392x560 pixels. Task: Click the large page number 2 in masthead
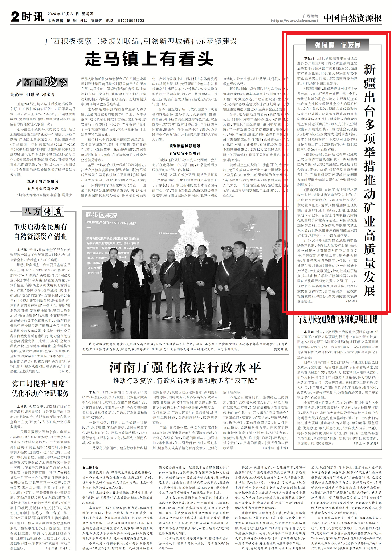pyautogui.click(x=15, y=17)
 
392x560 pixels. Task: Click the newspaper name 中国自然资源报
pyautogui.click(x=352, y=18)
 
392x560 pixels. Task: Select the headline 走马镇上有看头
pyautogui.click(x=149, y=59)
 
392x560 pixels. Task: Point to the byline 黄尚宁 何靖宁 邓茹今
pyautogui.click(x=33, y=94)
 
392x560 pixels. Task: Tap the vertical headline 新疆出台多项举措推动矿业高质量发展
pyautogui.click(x=369, y=180)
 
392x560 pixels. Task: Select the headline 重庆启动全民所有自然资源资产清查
pyautogui.click(x=40, y=232)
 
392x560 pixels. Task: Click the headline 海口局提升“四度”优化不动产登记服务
pyautogui.click(x=40, y=388)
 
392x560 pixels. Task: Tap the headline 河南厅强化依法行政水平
pyautogui.click(x=185, y=368)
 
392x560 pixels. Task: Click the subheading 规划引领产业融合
pyautogui.click(x=43, y=181)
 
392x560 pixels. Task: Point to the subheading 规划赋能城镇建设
pyautogui.click(x=185, y=146)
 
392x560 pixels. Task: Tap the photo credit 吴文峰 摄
pyautogui.click(x=280, y=349)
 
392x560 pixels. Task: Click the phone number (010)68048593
pyautogui.click(x=130, y=21)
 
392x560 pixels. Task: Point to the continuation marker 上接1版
pyautogui.click(x=90, y=467)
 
